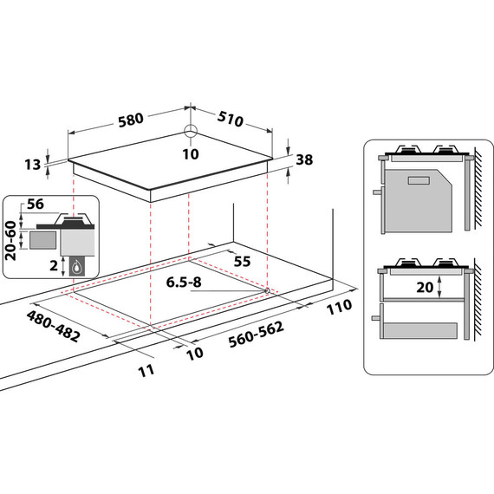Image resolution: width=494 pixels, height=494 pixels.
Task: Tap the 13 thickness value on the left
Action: [x=34, y=165]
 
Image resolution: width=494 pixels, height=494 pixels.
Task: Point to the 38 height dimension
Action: [x=303, y=159]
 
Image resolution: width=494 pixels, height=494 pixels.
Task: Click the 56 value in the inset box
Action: [x=36, y=205]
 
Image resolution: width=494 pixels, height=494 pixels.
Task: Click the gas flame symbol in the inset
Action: [x=80, y=268]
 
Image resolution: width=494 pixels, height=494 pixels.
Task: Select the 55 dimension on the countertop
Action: [x=241, y=261]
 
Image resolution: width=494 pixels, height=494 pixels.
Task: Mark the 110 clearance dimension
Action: [x=341, y=306]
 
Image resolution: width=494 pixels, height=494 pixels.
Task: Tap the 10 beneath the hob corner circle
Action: [x=191, y=154]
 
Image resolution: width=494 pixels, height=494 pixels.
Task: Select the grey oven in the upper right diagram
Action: [x=419, y=195]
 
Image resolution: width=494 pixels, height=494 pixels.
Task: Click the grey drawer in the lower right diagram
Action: [x=419, y=330]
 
